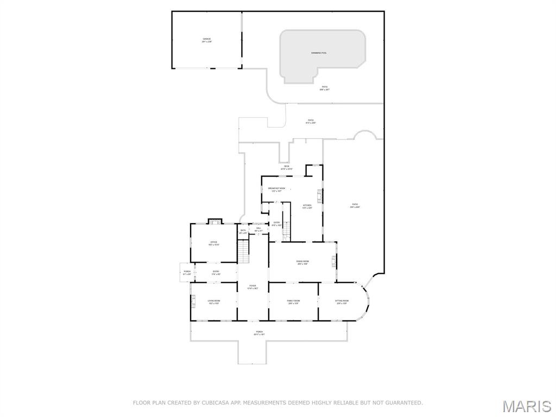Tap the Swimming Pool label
(319, 53)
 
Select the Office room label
(213, 243)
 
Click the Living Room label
(213, 302)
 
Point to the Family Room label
(294, 302)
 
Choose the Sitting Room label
(341, 302)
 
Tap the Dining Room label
(302, 263)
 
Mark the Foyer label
(252, 287)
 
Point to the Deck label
(287, 167)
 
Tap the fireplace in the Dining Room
(334, 262)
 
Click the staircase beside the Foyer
(244, 251)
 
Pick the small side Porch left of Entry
(187, 273)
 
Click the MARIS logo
(526, 406)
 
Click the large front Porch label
(259, 333)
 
